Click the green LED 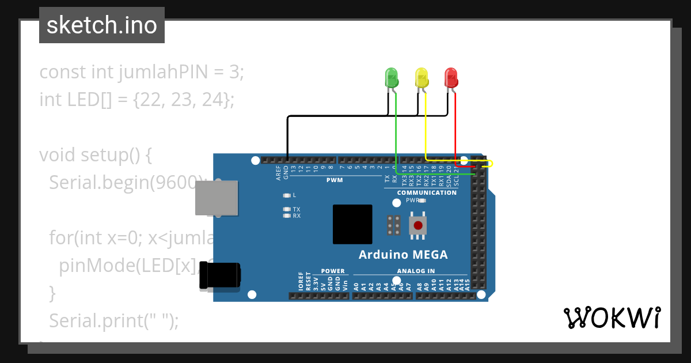391,77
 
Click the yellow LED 422,77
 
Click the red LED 451,77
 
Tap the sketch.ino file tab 102,25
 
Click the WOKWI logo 612,317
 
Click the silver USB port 217,198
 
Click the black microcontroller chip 352,224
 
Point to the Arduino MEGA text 403,255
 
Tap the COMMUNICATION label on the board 427,192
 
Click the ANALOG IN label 416,271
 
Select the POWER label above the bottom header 333,271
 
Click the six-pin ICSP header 394,225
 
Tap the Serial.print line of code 114,321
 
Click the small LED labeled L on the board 287,195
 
